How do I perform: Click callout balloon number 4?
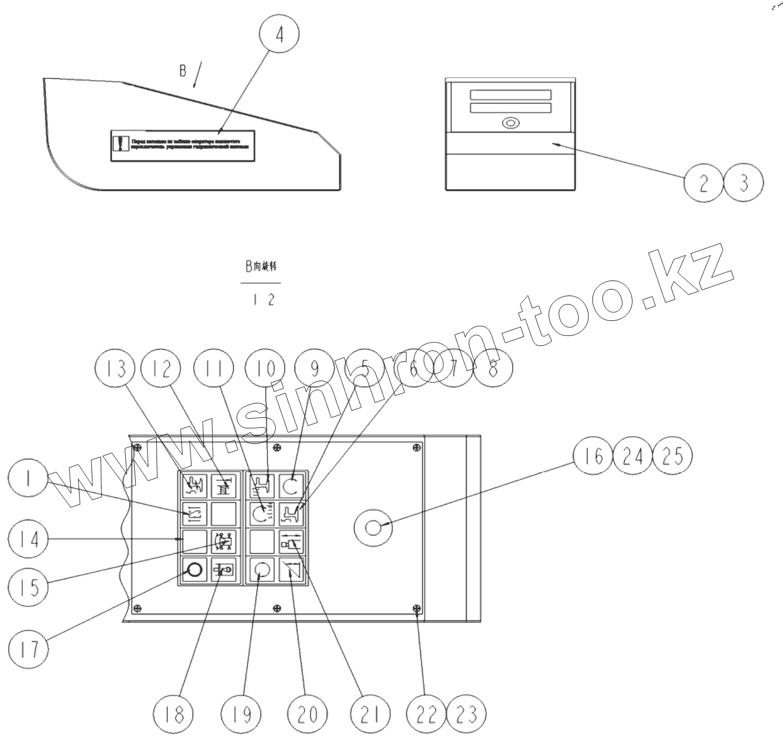280,34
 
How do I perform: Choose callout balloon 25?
673,457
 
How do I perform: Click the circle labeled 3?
743,183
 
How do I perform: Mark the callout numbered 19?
241,714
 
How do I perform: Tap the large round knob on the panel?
374,526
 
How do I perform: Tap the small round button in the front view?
509,123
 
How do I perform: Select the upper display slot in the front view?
511,95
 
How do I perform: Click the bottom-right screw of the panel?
415,608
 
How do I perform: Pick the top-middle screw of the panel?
277,447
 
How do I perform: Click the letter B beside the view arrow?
183,71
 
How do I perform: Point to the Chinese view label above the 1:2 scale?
261,267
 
